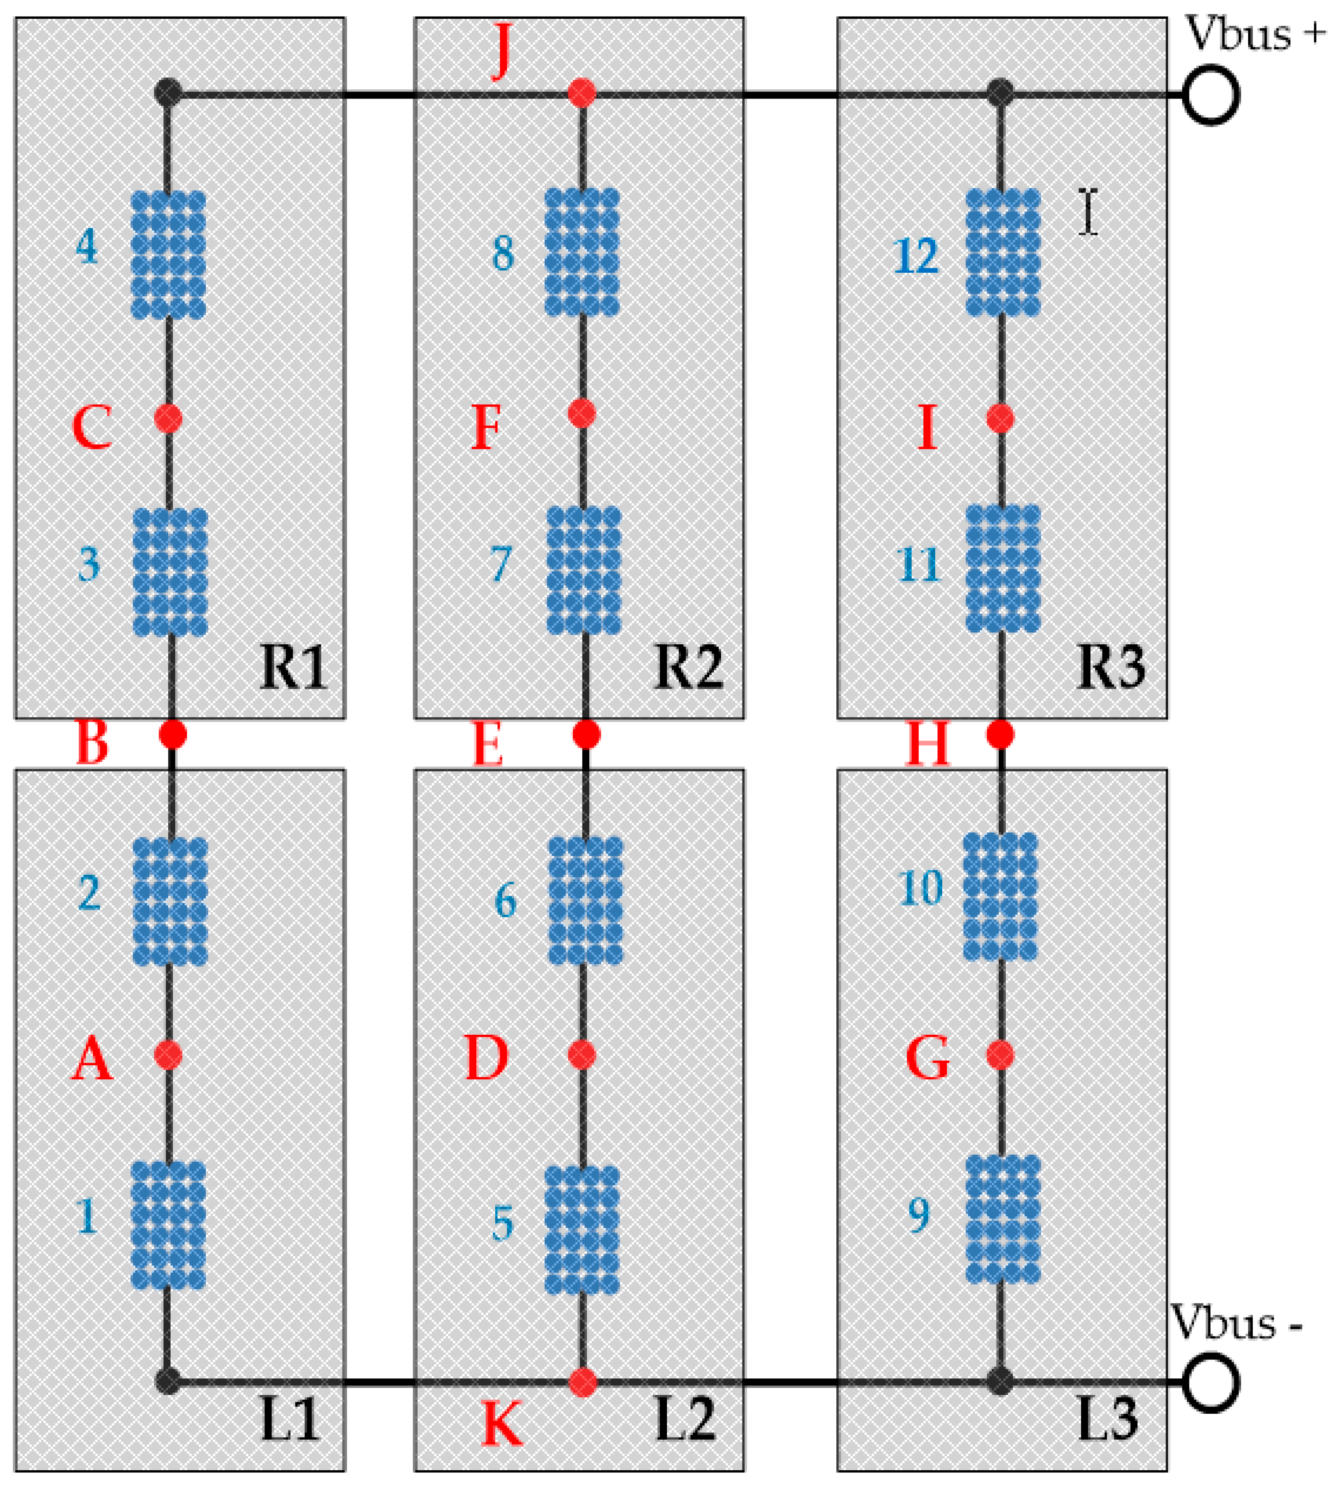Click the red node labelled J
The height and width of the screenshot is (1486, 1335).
tap(581, 93)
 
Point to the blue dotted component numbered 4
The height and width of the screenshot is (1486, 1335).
tap(168, 255)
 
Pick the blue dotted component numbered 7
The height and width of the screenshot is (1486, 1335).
tap(584, 569)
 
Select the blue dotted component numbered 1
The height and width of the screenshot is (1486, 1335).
tap(168, 1224)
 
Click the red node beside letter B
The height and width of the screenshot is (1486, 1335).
tap(173, 734)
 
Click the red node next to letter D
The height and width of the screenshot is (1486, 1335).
tap(581, 1055)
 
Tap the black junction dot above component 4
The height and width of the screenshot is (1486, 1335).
tap(168, 93)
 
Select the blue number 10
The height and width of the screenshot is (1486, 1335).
tap(920, 889)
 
